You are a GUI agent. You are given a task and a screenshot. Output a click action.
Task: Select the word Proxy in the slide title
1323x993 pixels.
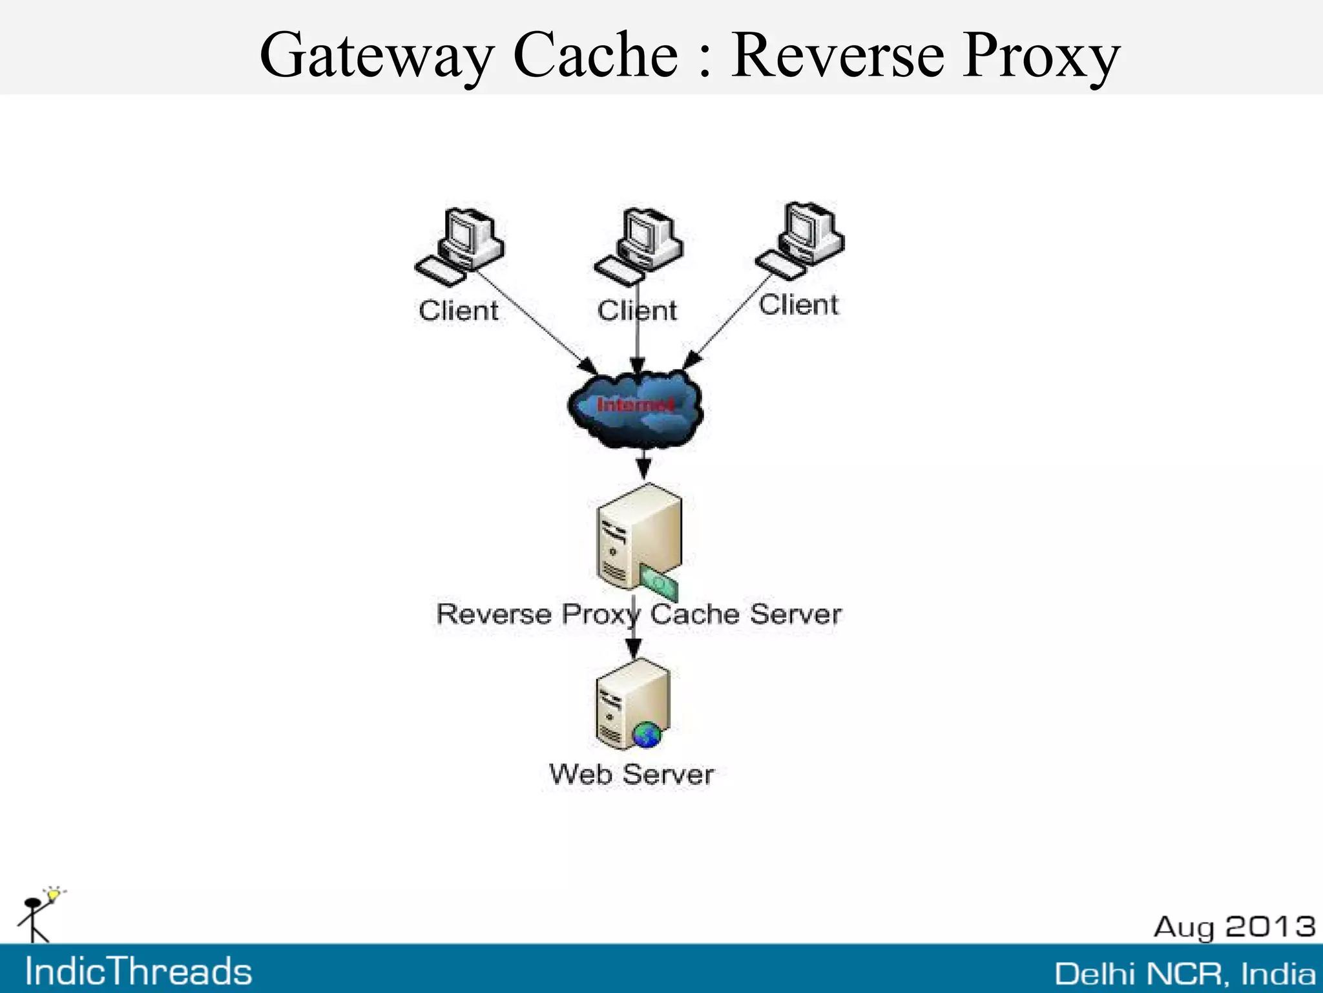(1040, 56)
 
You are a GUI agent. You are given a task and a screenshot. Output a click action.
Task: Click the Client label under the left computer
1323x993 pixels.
(458, 311)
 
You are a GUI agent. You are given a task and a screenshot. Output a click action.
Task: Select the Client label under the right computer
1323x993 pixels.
(798, 305)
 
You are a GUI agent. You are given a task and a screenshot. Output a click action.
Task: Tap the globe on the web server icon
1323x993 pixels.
(647, 735)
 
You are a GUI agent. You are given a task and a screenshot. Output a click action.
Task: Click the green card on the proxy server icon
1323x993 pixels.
(660, 583)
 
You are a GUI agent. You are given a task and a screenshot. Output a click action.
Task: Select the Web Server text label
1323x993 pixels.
(631, 775)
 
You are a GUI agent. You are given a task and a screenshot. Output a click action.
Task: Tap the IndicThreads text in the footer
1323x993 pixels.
(138, 972)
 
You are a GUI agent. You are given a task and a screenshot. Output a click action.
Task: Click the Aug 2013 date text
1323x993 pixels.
(1234, 926)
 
